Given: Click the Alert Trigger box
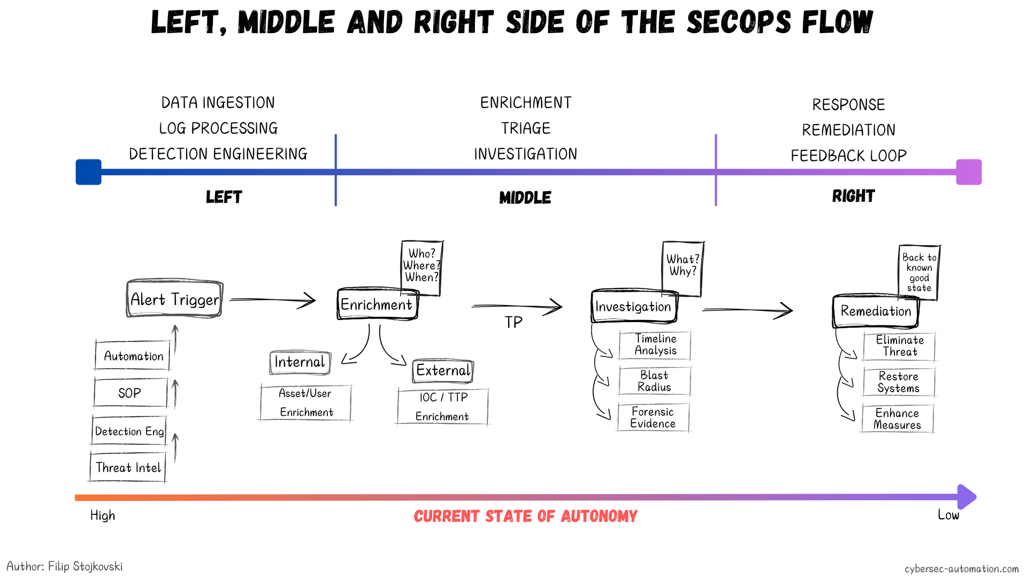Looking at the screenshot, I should tap(174, 299).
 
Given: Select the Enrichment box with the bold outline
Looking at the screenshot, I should tap(377, 305).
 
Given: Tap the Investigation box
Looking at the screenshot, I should tap(633, 307).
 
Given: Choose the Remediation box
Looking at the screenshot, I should tap(875, 311).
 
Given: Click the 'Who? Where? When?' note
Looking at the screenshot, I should tap(422, 265).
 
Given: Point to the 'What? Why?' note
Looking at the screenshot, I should tap(683, 266).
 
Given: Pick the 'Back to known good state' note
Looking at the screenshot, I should tap(919, 272).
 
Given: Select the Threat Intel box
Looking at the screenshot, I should tap(128, 467).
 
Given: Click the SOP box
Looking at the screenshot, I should tap(130, 393).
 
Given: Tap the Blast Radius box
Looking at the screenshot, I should tap(654, 381).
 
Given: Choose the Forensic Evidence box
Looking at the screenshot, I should tap(653, 417).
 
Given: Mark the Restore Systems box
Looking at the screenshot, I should tap(899, 382).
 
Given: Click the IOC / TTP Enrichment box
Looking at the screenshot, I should tap(442, 407).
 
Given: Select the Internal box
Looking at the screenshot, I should tap(300, 362).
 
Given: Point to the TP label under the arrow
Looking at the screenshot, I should tap(513, 322).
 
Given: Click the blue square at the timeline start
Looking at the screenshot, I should tap(89, 172).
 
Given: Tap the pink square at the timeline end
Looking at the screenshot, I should tap(969, 172).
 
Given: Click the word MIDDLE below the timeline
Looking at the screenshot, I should tap(525, 197).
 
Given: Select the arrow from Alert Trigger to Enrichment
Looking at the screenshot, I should tap(273, 300).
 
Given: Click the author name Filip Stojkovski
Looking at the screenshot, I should tap(85, 566).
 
